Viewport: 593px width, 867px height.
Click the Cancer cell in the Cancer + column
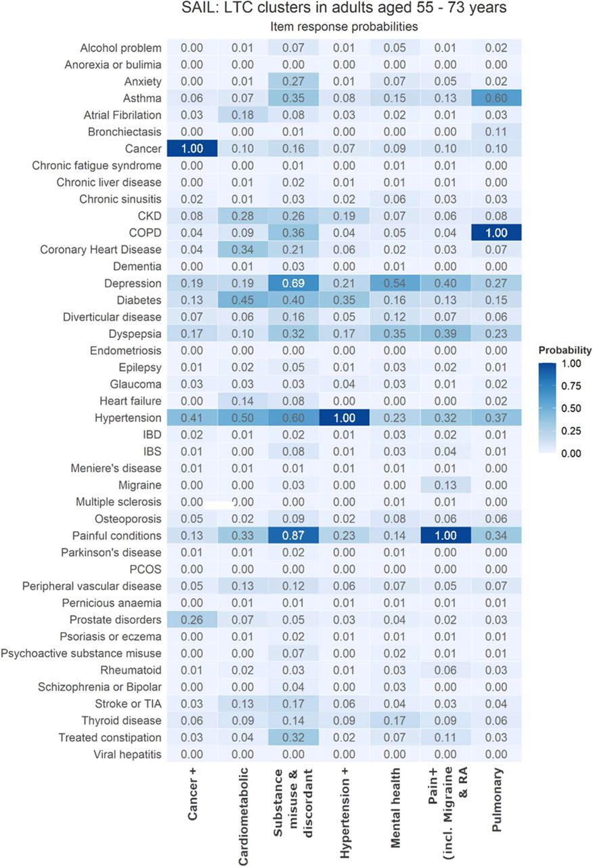coord(192,148)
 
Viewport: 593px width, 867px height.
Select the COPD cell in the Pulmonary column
coord(496,232)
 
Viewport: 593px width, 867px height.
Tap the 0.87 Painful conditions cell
coord(293,535)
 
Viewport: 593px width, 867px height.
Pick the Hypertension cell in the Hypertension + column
coord(345,418)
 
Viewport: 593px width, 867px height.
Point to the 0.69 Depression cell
coord(293,283)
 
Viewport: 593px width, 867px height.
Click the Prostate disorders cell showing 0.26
coord(192,619)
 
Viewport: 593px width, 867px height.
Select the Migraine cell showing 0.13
coord(445,485)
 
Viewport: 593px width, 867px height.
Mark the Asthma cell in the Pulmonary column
coord(496,98)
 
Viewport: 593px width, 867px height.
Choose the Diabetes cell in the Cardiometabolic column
coord(242,300)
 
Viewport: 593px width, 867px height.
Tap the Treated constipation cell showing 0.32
coord(293,738)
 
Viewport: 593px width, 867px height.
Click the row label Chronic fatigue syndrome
coord(97,166)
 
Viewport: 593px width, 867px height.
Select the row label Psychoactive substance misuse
coord(81,654)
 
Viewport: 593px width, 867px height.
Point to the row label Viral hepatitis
coord(127,755)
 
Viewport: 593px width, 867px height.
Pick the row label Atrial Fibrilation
coord(123,115)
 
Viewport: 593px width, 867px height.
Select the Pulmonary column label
coord(496,800)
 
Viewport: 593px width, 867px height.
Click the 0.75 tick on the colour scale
coord(571,386)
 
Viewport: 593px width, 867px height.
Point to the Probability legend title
coord(565,350)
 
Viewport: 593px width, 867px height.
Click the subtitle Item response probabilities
coord(344,26)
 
